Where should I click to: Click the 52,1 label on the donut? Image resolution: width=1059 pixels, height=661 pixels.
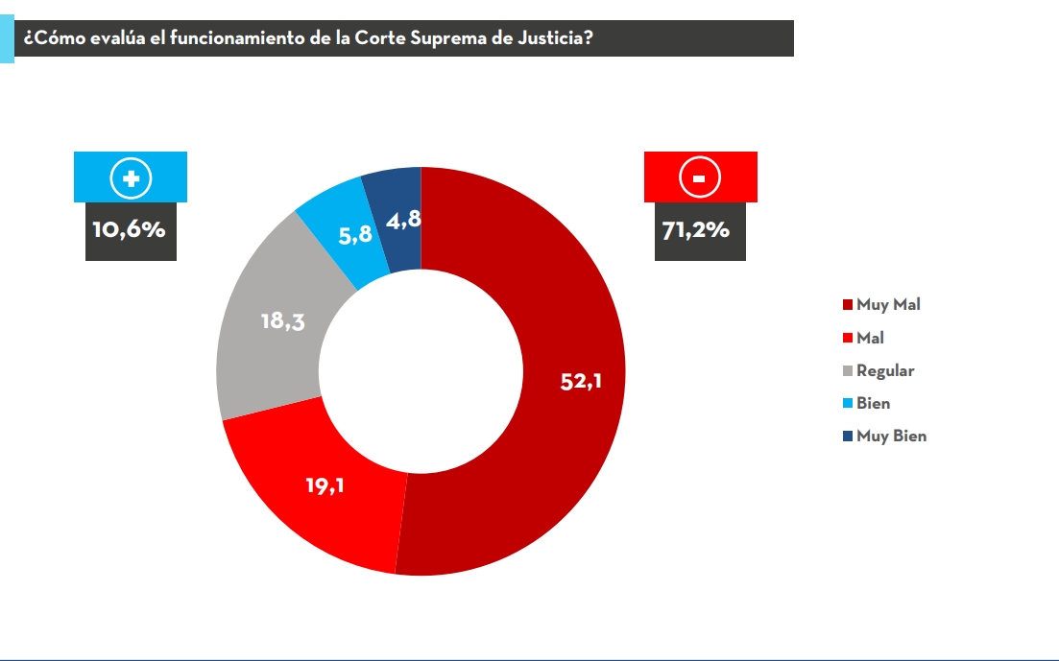pos(581,382)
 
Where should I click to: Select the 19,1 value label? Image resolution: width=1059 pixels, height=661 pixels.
pos(325,485)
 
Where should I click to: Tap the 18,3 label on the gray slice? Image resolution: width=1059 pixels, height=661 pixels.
pos(283,321)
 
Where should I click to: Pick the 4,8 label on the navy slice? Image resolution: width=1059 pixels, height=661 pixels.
pos(401,221)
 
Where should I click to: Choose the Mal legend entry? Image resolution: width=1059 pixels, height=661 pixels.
pos(870,338)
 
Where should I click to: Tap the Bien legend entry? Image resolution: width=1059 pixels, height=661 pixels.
pos(873,403)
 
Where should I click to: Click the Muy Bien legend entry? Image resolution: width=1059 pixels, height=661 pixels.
pos(891,436)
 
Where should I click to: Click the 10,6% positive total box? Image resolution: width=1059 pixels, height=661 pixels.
pos(131,231)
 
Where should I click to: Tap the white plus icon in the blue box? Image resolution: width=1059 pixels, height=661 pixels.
pos(131,177)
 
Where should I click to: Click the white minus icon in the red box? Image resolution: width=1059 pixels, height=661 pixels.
pos(700,177)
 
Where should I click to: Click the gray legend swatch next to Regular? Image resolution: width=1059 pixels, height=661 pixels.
pos(847,371)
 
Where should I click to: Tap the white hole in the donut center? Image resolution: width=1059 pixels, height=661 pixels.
pos(421,371)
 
